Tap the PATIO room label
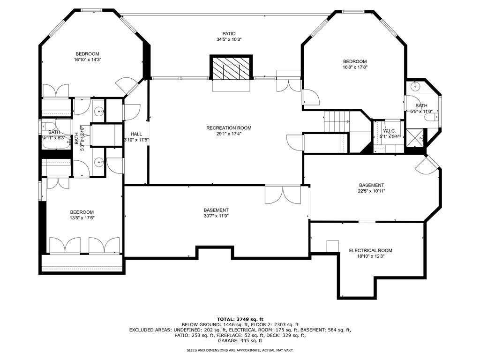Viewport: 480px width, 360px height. coord(229,33)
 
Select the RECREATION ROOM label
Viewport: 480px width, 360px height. coord(229,128)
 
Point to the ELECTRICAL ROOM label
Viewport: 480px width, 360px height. coord(370,250)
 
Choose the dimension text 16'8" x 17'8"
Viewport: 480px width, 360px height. coord(354,67)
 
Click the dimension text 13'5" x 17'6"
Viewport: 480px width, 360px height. coord(82,217)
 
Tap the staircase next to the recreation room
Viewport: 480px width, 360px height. coord(336,122)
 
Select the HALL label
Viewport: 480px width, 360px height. coord(136,134)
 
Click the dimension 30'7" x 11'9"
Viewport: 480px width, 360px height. coord(216,216)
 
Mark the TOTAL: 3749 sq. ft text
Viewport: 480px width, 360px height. coord(240,319)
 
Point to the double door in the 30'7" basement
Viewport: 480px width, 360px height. coord(283,195)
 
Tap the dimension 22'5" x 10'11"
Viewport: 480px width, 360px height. coord(371,191)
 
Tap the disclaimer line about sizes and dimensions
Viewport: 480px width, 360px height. coord(240,350)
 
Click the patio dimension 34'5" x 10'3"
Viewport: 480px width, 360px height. coord(229,39)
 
